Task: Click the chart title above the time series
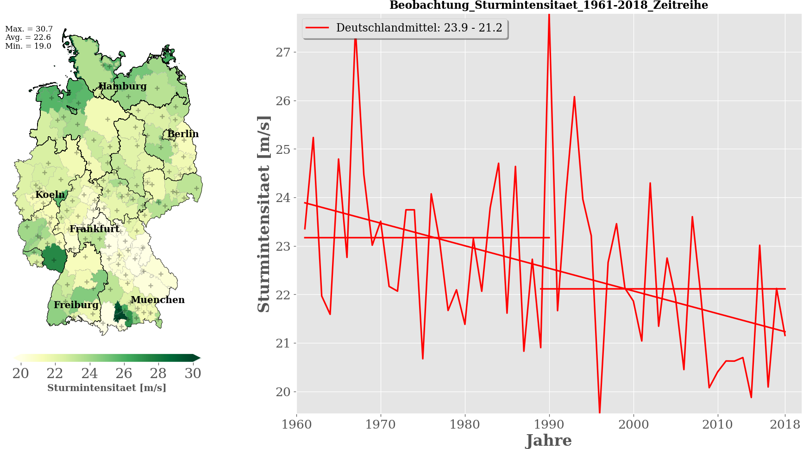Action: click(548, 6)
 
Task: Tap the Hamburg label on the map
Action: click(122, 86)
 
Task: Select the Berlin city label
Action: click(183, 134)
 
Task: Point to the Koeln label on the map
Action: click(50, 195)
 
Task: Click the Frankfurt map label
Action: click(94, 228)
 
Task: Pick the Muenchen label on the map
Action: click(157, 300)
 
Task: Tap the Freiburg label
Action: click(76, 305)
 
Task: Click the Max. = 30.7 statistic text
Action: click(29, 29)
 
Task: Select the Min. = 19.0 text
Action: click(28, 46)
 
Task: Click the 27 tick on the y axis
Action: click(283, 52)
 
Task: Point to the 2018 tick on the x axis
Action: click(785, 424)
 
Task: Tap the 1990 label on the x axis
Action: click(549, 424)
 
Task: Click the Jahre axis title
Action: click(549, 440)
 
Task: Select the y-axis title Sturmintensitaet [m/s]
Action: click(263, 214)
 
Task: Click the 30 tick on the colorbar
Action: click(193, 373)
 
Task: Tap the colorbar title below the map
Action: click(107, 388)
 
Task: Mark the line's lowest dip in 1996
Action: click(600, 412)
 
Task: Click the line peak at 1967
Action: click(355, 38)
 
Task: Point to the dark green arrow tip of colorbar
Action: click(197, 358)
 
